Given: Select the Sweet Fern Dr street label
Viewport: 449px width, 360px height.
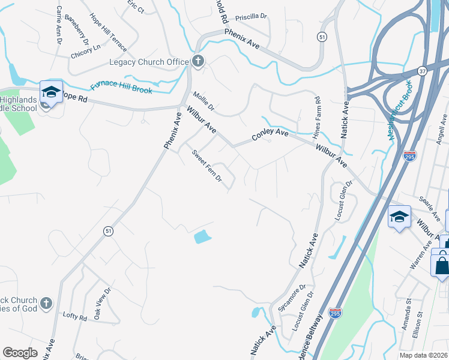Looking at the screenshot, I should coord(207,164).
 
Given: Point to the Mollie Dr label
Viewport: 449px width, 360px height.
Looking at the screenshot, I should coord(203,101).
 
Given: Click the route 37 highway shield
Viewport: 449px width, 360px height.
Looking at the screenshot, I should coord(423,70).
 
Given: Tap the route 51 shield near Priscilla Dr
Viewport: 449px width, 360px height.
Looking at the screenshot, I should coord(323,37).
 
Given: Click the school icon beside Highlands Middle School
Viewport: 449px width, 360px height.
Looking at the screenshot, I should coord(52,92).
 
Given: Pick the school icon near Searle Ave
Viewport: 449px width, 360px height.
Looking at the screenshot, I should coord(399,217).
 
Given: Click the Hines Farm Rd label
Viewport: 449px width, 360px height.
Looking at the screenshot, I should coord(318,117).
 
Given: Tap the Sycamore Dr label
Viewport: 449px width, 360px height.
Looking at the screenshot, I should coord(292,298).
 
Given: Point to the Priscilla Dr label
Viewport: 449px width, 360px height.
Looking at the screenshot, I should coord(250,17).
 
